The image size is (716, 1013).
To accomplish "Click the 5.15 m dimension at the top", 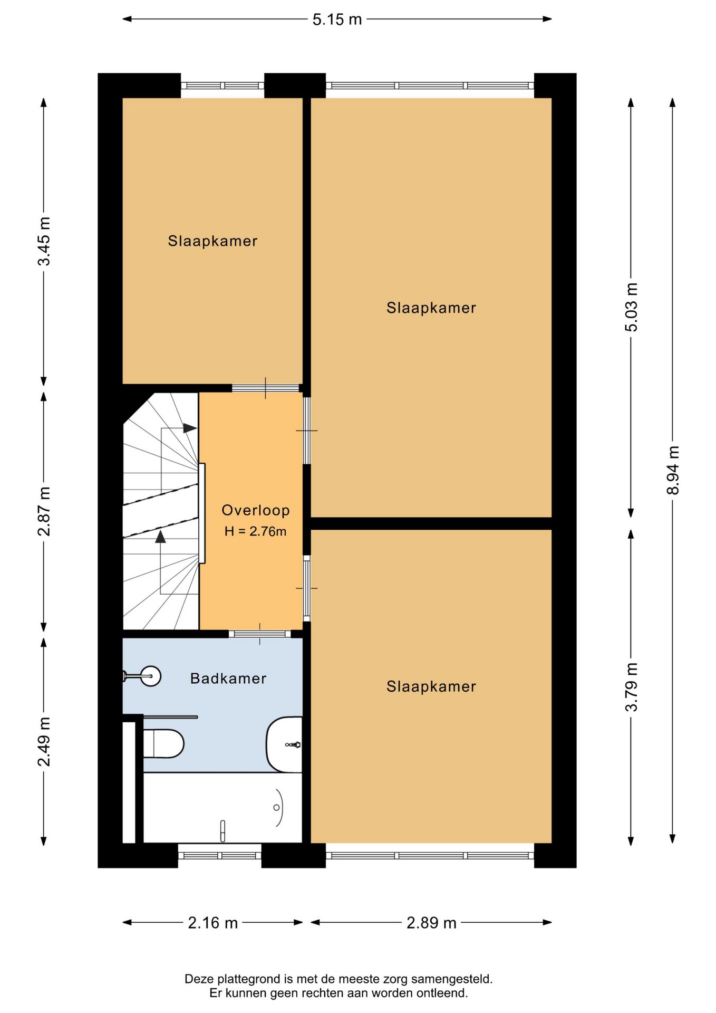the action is (x=337, y=20).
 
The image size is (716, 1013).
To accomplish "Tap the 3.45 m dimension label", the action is (x=44, y=241).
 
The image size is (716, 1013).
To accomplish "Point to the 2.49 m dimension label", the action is (x=44, y=741).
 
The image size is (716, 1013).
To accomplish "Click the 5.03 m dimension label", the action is (x=631, y=307).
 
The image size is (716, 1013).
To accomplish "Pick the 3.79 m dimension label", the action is (x=631, y=687).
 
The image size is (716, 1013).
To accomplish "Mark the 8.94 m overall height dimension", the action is (x=673, y=470).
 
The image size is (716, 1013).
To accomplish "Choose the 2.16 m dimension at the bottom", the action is (x=213, y=923).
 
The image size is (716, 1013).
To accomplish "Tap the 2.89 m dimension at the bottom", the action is (x=431, y=923).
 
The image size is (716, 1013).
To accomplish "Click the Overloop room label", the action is (x=256, y=510).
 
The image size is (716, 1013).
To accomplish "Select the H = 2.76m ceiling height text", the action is (x=256, y=531).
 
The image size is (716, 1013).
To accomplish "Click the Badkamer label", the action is (x=228, y=678).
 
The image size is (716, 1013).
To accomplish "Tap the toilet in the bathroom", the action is (x=163, y=743).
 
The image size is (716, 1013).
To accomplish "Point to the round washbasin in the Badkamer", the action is (x=151, y=676).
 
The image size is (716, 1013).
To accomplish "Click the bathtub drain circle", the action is (x=276, y=808).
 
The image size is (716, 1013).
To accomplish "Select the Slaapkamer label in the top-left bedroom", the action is (x=213, y=241).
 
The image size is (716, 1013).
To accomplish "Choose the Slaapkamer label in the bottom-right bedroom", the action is (x=431, y=686).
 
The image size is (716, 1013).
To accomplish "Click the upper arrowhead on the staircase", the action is (x=190, y=428).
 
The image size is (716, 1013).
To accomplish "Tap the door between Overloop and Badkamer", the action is (x=260, y=634).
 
